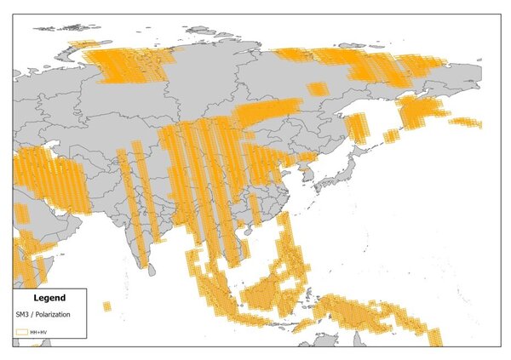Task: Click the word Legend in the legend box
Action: click(49, 298)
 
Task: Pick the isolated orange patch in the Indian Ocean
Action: click(106, 306)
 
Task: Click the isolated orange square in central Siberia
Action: click(316, 89)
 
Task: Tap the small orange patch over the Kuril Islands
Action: click(391, 134)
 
